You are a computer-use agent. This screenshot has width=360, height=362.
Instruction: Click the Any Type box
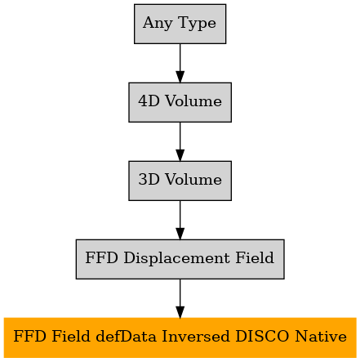tap(180, 24)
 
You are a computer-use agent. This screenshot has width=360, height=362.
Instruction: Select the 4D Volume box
tap(180, 102)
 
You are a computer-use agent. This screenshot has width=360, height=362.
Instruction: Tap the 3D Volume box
tap(180, 181)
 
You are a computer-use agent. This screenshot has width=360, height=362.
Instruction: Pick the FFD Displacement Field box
tap(180, 259)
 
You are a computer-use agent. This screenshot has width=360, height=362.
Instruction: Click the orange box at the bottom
tap(180, 337)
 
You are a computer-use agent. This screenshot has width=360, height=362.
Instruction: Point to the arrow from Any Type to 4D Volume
tap(180, 63)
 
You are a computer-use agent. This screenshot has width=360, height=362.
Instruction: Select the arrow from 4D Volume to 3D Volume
tap(180, 141)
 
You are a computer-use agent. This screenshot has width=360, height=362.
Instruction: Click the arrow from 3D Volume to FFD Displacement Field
tap(180, 220)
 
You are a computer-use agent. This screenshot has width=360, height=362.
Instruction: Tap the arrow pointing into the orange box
tap(180, 298)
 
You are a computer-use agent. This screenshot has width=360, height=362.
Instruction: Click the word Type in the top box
tap(198, 24)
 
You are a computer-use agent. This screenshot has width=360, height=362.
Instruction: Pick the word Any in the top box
tap(158, 24)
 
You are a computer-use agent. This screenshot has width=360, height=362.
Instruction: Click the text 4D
tap(149, 101)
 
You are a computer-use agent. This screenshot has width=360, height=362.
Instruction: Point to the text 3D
tap(149, 180)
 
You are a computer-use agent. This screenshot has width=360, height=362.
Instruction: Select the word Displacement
tap(176, 258)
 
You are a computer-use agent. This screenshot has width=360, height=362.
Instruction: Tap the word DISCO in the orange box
tap(262, 336)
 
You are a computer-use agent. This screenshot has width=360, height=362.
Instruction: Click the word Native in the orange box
tap(321, 336)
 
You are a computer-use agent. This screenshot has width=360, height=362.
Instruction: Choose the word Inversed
tap(195, 336)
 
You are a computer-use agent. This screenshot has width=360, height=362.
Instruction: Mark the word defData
tap(126, 336)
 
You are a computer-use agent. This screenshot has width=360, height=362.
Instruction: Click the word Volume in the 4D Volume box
tap(193, 101)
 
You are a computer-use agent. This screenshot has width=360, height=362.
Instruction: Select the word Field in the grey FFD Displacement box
tap(255, 257)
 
